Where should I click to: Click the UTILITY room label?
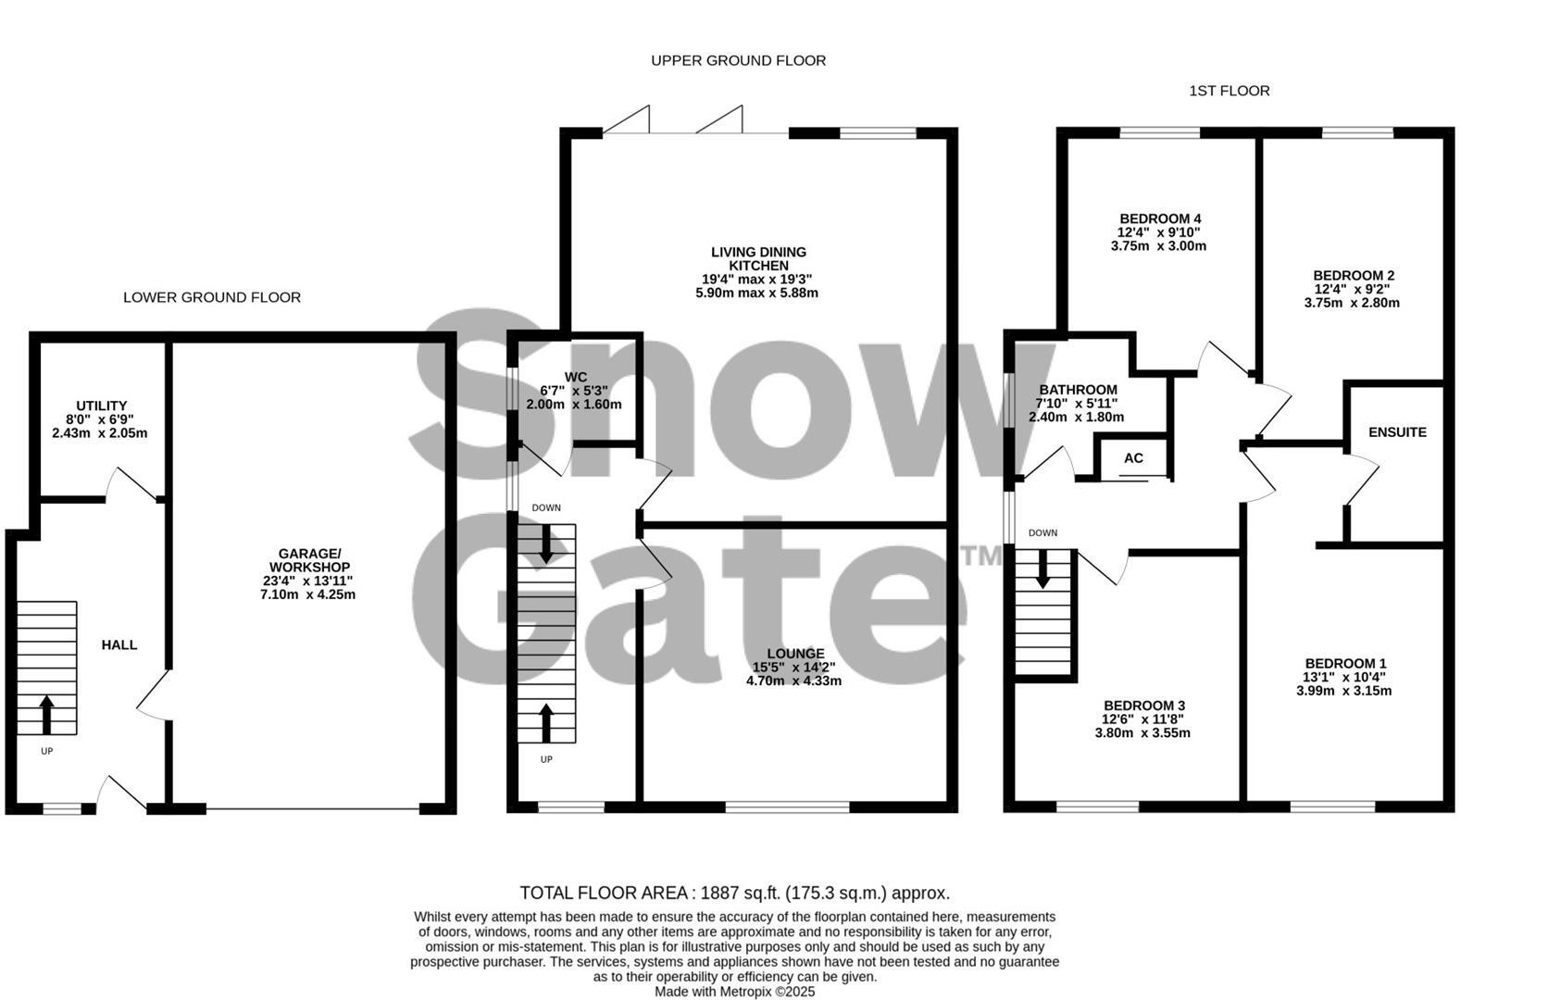pos(101,406)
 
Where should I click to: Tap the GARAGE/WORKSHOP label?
pos(308,559)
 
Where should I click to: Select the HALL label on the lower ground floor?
pos(119,644)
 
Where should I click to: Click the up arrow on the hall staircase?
pos(46,714)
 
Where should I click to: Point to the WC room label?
pos(575,377)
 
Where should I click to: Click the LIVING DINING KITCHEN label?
pos(757,258)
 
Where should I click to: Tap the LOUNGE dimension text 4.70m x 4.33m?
pos(793,681)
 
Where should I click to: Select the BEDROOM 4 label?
pos(1159,219)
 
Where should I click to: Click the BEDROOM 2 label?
pos(1353,275)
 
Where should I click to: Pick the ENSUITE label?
pos(1397,432)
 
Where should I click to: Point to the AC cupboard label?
pos(1133,458)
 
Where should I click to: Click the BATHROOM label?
pos(1078,390)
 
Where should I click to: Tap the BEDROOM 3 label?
pos(1143,705)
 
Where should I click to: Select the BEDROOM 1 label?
pos(1345,663)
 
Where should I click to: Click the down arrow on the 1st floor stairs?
pos(1043,570)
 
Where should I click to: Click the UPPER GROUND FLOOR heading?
pos(738,60)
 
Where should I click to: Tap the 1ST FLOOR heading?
pos(1229,91)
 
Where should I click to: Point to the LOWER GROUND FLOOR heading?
pos(212,297)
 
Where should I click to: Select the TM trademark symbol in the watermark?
pos(982,556)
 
